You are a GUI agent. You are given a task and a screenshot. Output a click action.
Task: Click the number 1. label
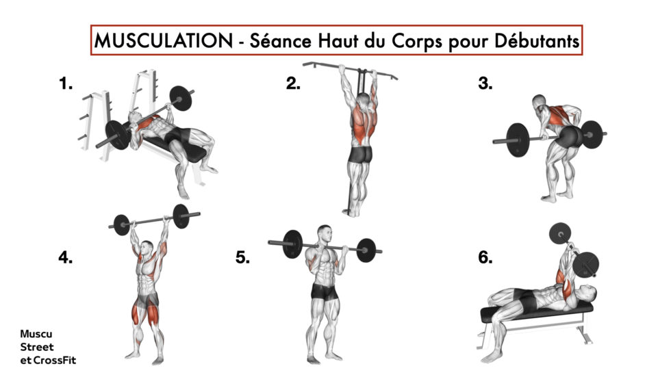click(66, 85)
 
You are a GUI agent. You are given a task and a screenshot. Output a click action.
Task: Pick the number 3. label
click(485, 84)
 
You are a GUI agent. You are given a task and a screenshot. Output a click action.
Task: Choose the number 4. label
click(66, 259)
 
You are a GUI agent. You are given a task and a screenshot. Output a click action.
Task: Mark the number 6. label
click(485, 259)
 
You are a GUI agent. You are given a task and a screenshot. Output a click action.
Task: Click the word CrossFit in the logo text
click(56, 359)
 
